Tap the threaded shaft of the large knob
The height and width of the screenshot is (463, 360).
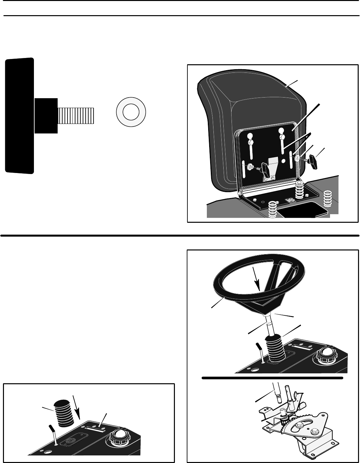76,115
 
